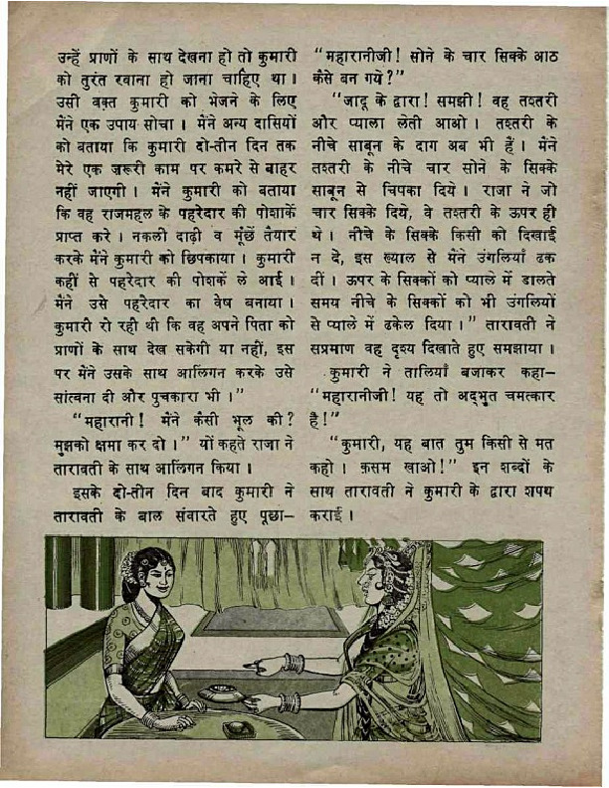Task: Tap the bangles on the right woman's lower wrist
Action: point(291,702)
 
